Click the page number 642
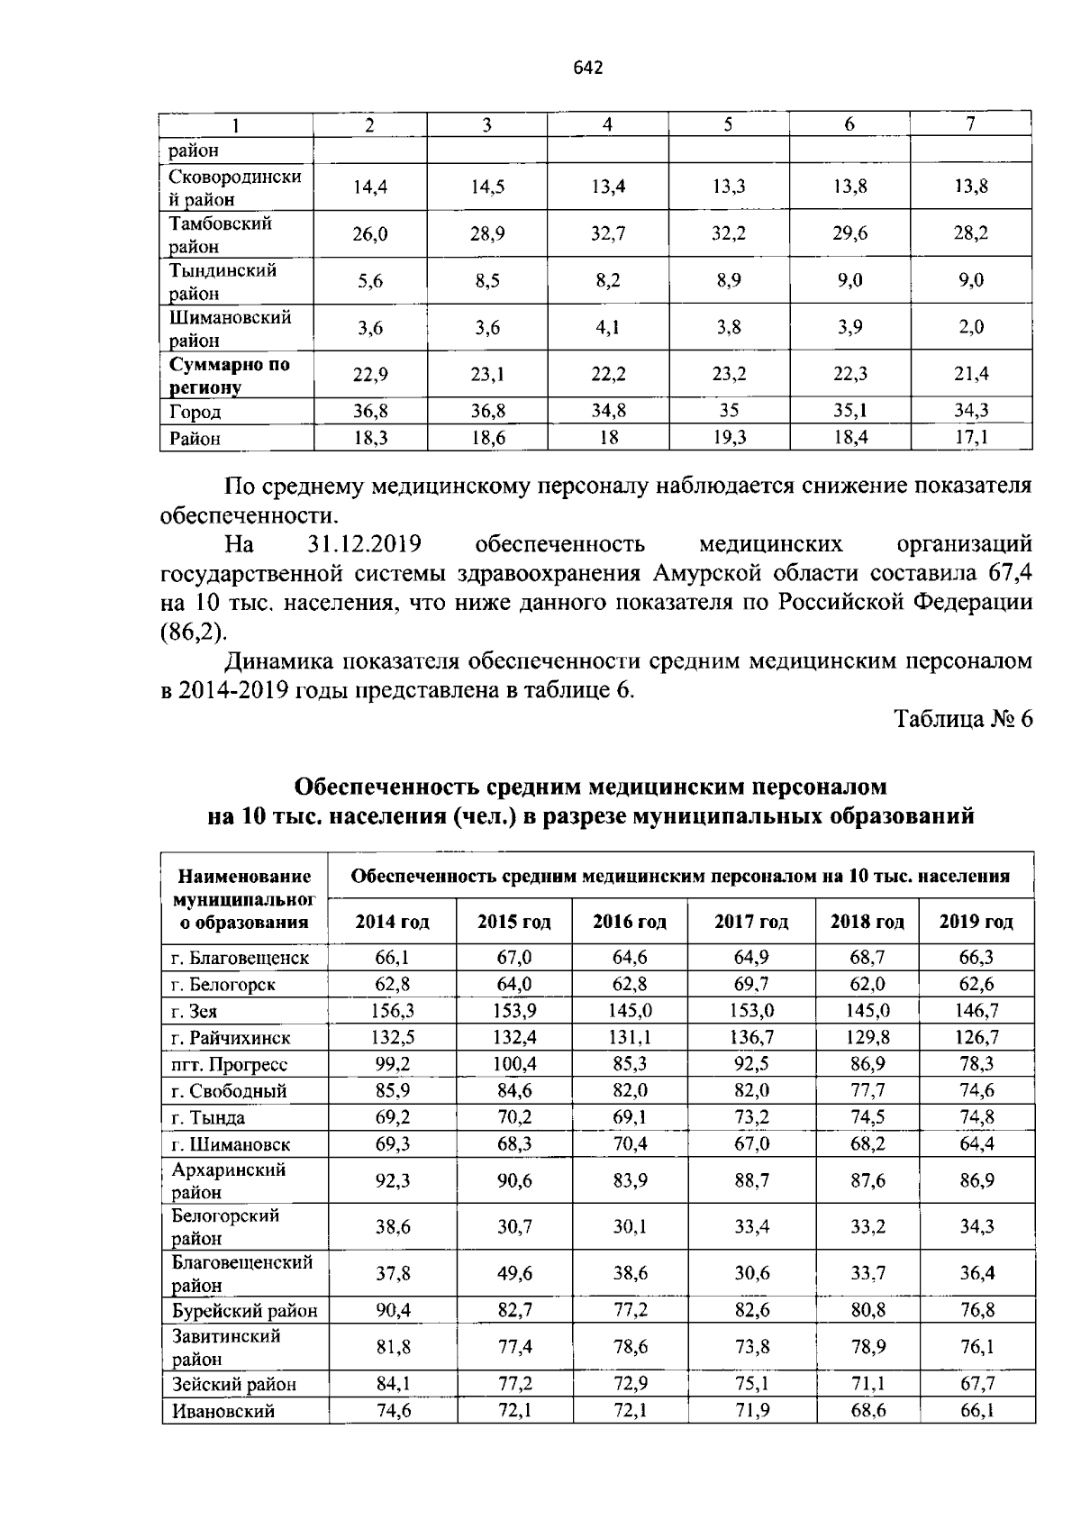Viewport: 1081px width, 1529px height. pos(586,68)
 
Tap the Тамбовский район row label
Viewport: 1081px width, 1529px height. pos(221,234)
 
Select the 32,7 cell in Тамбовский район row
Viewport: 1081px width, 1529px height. pos(608,234)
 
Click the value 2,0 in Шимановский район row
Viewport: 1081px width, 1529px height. pos(971,328)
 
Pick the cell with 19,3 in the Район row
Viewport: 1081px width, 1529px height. pos(729,438)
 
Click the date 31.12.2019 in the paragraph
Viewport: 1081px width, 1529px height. pos(359,544)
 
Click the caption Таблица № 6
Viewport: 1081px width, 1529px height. pos(963,719)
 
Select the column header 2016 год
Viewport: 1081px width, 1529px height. pos(630,922)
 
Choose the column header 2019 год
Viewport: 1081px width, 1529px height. pos(977,922)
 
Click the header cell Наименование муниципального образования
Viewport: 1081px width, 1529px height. pos(244,898)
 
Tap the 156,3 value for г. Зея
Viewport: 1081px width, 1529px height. pos(393,1011)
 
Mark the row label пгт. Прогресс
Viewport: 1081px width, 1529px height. pos(229,1065)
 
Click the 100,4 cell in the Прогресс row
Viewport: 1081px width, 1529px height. pos(514,1064)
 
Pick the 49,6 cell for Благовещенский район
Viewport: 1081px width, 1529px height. pos(514,1274)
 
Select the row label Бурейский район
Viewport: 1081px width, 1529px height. pos(244,1311)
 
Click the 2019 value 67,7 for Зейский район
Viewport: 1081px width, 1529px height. pos(977,1384)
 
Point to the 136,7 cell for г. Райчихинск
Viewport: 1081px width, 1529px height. pos(751,1038)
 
